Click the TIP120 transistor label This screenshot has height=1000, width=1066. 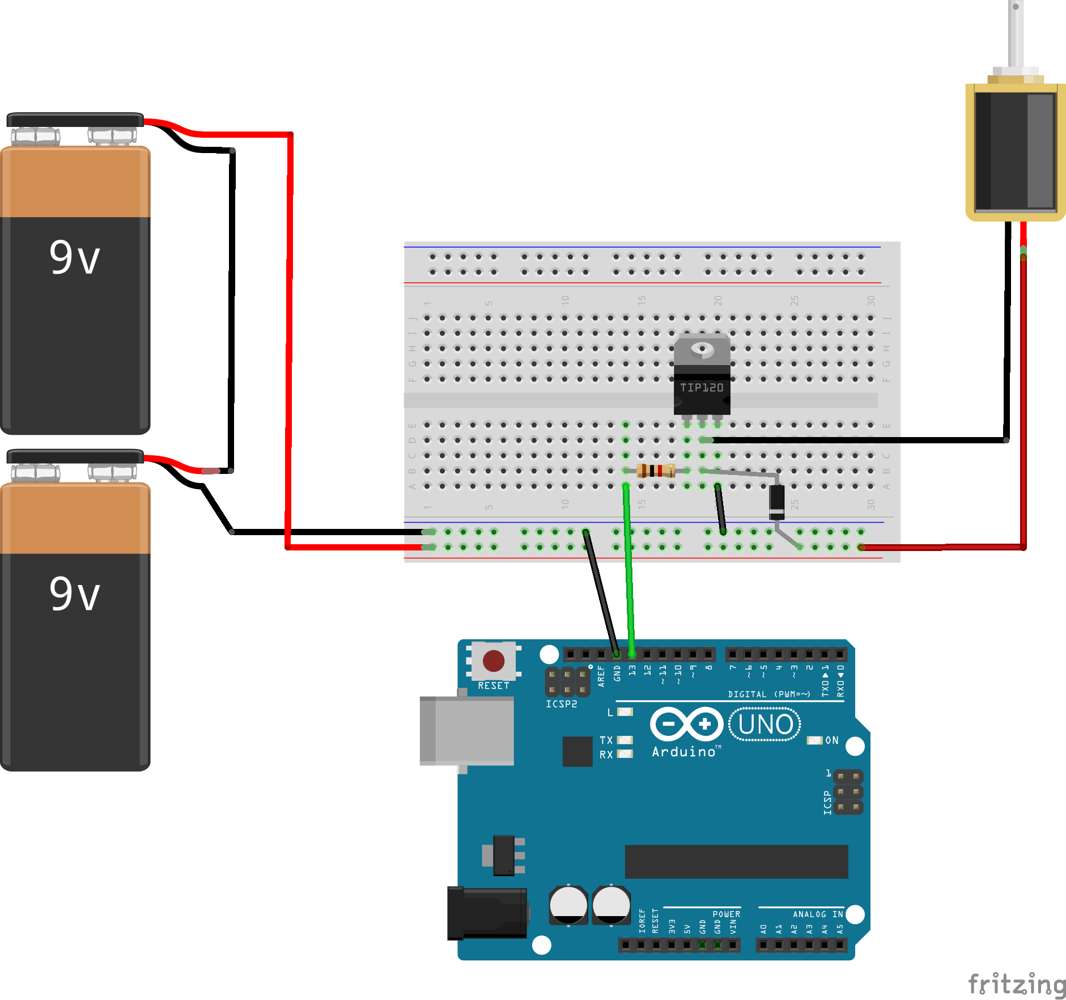coord(702,388)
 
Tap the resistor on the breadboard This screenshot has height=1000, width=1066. coord(656,471)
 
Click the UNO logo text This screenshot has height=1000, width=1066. coord(765,724)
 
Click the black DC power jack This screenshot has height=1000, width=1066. coord(486,913)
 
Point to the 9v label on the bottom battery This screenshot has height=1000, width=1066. coord(74,594)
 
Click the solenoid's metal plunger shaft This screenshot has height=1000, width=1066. coord(1016,34)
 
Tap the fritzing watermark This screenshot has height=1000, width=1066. coord(1017,984)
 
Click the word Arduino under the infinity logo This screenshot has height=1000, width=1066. coord(685,752)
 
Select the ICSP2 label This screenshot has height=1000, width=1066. coord(561,704)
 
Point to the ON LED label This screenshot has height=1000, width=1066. coord(831,740)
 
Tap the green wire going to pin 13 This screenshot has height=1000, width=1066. coord(628,567)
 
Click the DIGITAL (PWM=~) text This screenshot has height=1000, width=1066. coord(769,694)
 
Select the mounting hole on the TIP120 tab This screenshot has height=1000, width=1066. coord(702,348)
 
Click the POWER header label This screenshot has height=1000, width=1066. coord(726,914)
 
